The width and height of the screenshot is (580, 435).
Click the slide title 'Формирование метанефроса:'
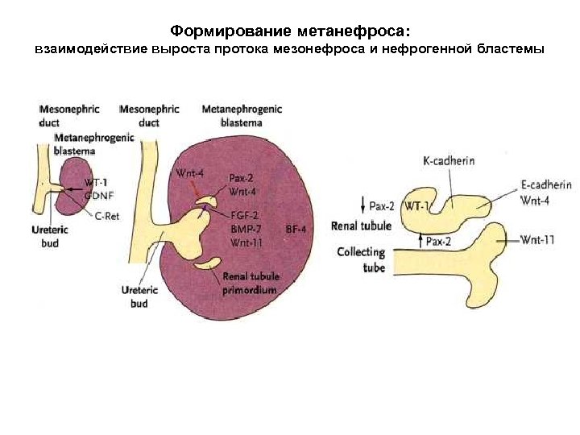tap(290, 31)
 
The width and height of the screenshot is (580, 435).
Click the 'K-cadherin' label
tap(449, 161)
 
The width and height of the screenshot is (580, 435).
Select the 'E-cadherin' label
tap(544, 184)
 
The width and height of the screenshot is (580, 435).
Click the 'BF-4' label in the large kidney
tap(296, 230)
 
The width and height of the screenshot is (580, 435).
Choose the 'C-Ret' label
tap(108, 215)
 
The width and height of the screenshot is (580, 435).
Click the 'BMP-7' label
tap(244, 229)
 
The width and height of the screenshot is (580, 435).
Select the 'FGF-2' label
tap(244, 216)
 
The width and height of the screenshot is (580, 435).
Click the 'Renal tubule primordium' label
tap(250, 284)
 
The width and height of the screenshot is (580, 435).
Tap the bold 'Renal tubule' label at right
tap(361, 226)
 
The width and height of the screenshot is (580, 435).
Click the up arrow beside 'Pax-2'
tap(420, 240)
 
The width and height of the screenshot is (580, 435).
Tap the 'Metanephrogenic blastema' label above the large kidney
tap(242, 115)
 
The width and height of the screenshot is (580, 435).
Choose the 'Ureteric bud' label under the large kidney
tap(138, 297)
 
